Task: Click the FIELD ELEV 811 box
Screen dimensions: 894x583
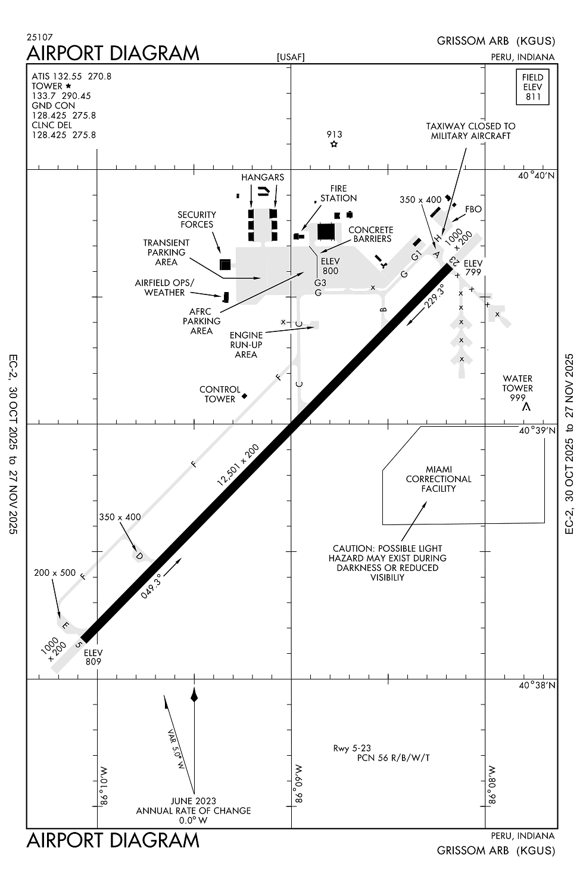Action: pos(532,87)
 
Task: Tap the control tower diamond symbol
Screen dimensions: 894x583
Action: pos(244,396)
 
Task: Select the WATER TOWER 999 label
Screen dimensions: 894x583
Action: pos(517,388)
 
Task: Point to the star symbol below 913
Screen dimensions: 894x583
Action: pos(334,144)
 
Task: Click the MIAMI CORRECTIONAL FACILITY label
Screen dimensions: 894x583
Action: pos(438,479)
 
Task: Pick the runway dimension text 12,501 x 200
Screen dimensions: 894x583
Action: pos(238,465)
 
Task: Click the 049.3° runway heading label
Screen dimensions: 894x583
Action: pos(151,585)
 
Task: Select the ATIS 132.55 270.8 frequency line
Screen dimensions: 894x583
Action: pos(71,76)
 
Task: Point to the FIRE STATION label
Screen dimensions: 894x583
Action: pos(338,193)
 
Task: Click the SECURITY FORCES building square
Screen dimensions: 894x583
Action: pos(225,264)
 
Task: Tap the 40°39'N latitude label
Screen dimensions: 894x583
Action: pos(537,430)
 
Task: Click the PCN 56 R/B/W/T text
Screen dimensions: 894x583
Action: pos(393,758)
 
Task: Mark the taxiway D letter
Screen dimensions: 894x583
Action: pos(139,556)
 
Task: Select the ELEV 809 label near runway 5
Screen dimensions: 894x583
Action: pos(93,657)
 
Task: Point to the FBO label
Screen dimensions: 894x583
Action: pos(473,209)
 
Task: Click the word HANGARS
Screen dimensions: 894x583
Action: pos(263,178)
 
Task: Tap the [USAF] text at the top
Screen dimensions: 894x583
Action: pos(291,57)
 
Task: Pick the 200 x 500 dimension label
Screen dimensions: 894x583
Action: pos(55,573)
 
